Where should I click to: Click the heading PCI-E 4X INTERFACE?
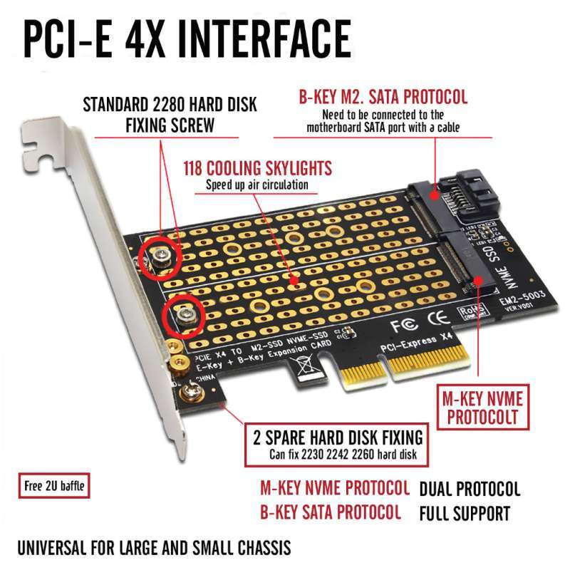(x=187, y=37)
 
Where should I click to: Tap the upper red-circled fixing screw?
(x=160, y=255)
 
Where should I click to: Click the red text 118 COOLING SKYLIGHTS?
(x=257, y=169)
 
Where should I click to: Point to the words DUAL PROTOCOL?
(x=470, y=489)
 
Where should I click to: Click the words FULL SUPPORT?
(x=464, y=513)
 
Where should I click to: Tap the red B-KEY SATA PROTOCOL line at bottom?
(x=330, y=512)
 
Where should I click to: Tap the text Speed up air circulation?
(x=257, y=185)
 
